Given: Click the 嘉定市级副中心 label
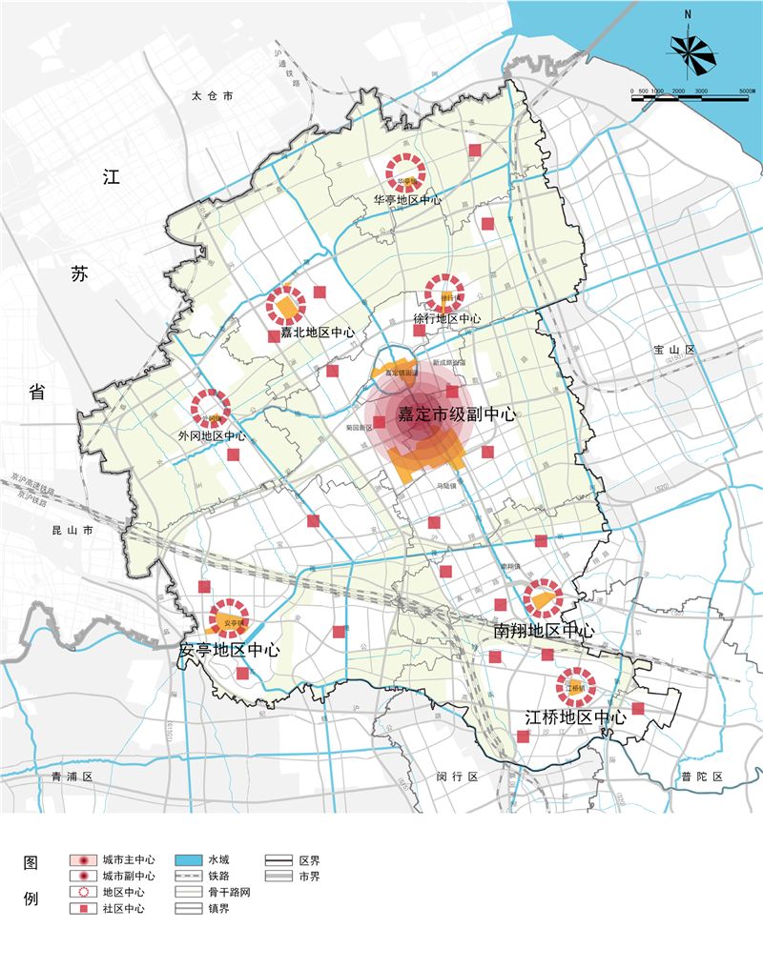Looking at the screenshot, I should pyautogui.click(x=457, y=415).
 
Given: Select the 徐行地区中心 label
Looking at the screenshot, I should pyautogui.click(x=447, y=318).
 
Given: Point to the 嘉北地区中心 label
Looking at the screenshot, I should pyautogui.click(x=318, y=333).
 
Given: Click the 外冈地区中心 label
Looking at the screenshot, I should pyautogui.click(x=212, y=435).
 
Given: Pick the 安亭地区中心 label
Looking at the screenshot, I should pyautogui.click(x=230, y=650).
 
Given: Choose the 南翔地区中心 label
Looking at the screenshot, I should pyautogui.click(x=545, y=631).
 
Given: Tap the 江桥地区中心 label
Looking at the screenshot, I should pyautogui.click(x=576, y=717).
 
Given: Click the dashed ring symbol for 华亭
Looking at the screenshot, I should pyautogui.click(x=405, y=172).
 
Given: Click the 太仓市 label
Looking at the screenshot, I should pyautogui.click(x=212, y=96).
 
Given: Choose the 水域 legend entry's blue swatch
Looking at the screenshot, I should pyautogui.click(x=190, y=858).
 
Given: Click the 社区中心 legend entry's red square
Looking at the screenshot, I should pyautogui.click(x=85, y=909).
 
